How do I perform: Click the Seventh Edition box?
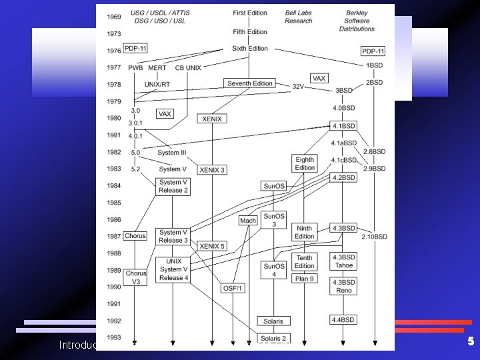pos(250,83)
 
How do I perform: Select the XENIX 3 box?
pos(212,170)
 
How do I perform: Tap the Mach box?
pos(248,221)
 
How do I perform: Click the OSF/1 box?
pos(233,288)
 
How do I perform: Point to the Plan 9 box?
pos(305,279)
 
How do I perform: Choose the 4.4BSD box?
pos(343,320)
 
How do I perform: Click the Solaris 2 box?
pos(273,339)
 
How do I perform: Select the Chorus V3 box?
pos(135,277)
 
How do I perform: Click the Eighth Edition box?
pos(305,163)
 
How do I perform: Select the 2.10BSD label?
pos(374,237)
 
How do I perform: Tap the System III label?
pos(173,153)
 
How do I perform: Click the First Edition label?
pos(250,13)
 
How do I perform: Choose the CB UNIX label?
pos(189,68)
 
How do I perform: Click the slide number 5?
pos(470,341)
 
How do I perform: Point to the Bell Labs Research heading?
pos(298,17)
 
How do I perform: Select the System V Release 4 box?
pos(174,269)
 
